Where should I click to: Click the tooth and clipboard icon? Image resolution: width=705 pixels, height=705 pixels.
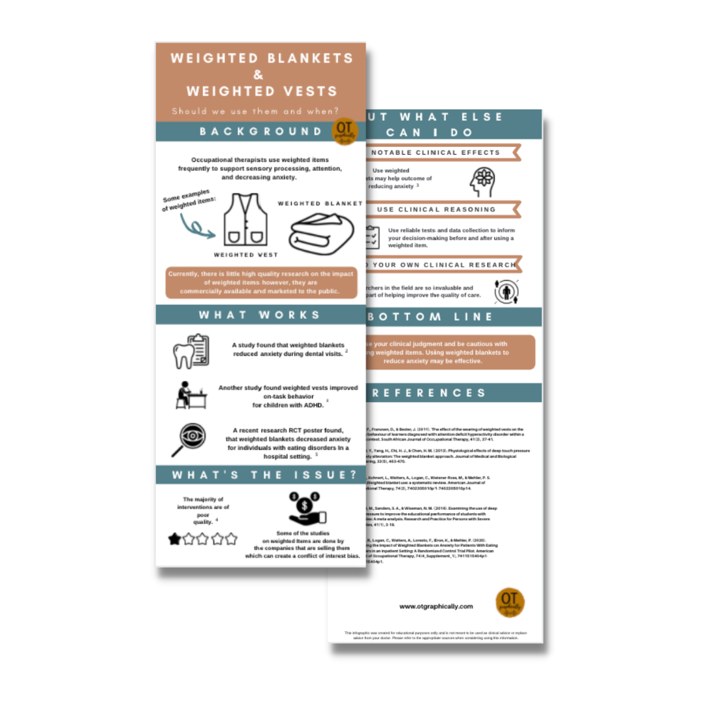click(x=191, y=352)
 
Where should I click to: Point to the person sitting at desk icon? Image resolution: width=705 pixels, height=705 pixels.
click(x=191, y=394)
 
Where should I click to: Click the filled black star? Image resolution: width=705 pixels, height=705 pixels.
click(x=175, y=539)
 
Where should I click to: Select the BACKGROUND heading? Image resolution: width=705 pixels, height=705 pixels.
click(x=260, y=132)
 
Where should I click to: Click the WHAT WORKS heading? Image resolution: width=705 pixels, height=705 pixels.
click(x=260, y=315)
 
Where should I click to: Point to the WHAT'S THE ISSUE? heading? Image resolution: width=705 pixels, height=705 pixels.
click(x=260, y=475)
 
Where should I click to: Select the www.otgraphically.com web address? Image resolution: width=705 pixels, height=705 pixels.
click(x=436, y=606)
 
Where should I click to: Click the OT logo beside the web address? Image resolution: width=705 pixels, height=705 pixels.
click(x=510, y=603)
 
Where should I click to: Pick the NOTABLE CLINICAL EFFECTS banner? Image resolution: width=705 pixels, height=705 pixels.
click(x=435, y=153)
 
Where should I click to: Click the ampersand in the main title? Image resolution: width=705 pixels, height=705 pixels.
click(x=260, y=74)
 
